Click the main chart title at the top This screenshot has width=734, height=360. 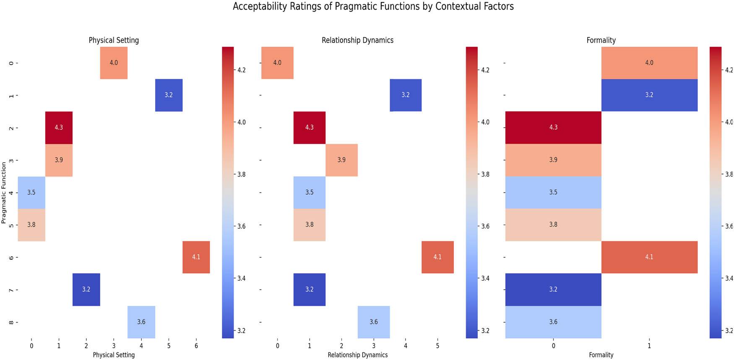tap(373, 7)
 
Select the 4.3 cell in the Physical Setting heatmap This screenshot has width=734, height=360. tap(59, 128)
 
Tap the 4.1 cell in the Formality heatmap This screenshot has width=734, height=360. tap(649, 257)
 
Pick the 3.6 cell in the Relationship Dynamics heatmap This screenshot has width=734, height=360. tap(373, 322)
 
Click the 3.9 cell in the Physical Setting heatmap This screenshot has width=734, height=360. tap(59, 160)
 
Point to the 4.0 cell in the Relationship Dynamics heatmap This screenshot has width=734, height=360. tap(277, 63)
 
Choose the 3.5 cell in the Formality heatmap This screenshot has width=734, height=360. tap(553, 192)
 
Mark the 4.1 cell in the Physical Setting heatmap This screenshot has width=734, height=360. tap(196, 257)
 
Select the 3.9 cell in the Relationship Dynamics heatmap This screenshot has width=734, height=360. tap(341, 160)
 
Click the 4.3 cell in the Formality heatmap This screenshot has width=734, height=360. tap(553, 128)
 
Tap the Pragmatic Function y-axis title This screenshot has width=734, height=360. tap(4, 193)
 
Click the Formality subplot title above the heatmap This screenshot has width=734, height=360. tap(601, 40)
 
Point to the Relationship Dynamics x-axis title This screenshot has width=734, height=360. tap(357, 355)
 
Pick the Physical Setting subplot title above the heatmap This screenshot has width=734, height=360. tap(114, 40)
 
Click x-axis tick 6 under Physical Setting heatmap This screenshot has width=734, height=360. tap(196, 346)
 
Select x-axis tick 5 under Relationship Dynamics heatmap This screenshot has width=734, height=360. tap(437, 346)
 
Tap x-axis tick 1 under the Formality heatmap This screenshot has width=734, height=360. tap(649, 346)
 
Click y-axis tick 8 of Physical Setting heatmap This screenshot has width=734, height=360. tap(11, 322)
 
